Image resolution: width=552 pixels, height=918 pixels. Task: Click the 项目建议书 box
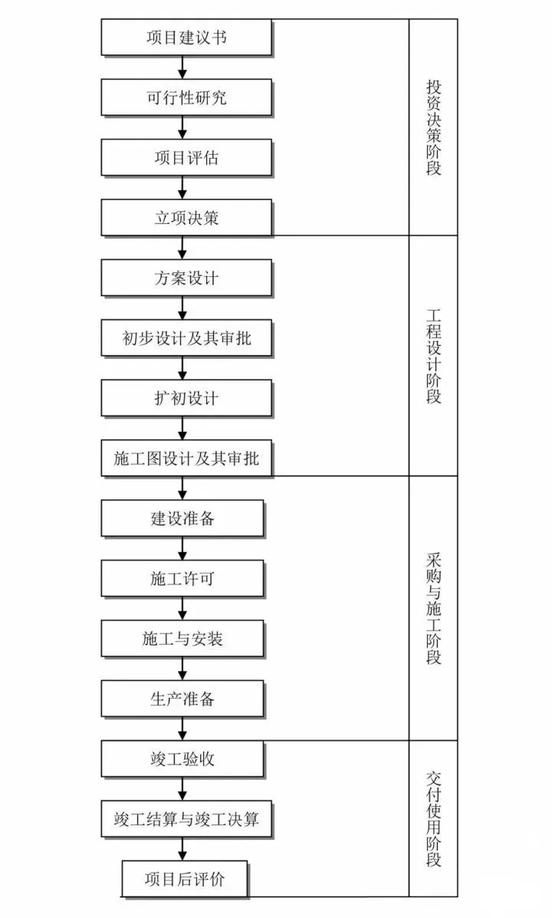186,38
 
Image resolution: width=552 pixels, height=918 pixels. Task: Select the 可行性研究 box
186,97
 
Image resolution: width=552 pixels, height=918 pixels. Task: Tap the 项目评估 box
186,157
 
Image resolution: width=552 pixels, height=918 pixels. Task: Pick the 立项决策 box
186,218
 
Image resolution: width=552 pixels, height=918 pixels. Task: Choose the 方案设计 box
186,278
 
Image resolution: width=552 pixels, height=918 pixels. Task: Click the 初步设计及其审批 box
186,338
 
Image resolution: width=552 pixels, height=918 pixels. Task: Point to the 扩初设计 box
186,398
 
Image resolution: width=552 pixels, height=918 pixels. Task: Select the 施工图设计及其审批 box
186,459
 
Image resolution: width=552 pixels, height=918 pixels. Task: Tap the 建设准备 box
182,518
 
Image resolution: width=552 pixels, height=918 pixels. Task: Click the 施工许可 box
182,579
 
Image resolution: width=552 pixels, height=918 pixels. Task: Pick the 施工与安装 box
182,639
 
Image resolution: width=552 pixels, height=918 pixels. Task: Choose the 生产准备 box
182,699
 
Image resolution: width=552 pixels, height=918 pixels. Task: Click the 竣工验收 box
182,759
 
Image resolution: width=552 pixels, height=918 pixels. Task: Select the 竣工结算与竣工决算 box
186,819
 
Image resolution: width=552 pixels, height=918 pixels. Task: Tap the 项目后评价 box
185,880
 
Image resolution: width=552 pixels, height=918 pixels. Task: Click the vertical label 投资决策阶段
433,127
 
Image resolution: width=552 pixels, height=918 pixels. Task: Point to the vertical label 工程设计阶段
433,355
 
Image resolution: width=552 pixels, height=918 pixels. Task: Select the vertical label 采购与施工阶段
433,608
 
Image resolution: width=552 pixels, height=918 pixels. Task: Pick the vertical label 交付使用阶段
433,818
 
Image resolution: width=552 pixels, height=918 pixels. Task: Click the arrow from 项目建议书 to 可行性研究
182,67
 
